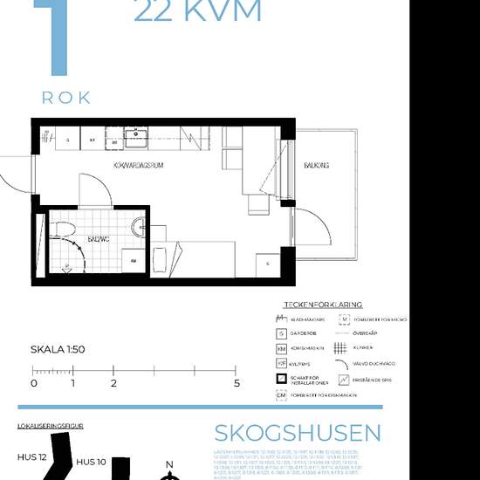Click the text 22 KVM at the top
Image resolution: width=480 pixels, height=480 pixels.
pyautogui.click(x=197, y=11)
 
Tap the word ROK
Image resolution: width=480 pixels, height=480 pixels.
pyautogui.click(x=66, y=98)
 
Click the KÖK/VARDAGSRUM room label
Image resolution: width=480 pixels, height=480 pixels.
pyautogui.click(x=140, y=164)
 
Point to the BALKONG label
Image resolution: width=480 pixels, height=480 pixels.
pyautogui.click(x=316, y=164)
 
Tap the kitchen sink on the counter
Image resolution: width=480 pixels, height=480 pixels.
pyautogui.click(x=135, y=135)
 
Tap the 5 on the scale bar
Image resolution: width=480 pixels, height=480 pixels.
pyautogui.click(x=236, y=382)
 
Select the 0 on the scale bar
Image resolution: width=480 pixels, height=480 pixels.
pyautogui.click(x=34, y=382)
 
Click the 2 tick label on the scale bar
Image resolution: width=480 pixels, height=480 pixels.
pyautogui.click(x=113, y=382)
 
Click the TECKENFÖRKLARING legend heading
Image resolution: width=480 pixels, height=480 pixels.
pyautogui.click(x=323, y=304)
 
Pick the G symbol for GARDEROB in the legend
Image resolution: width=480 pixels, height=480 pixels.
pyautogui.click(x=282, y=333)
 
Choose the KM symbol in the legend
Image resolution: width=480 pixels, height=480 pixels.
pyautogui.click(x=282, y=348)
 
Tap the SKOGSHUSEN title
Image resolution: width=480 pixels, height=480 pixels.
pyautogui.click(x=298, y=433)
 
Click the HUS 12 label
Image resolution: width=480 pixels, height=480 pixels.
pyautogui.click(x=33, y=456)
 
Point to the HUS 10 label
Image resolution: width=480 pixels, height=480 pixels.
pyautogui.click(x=91, y=462)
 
